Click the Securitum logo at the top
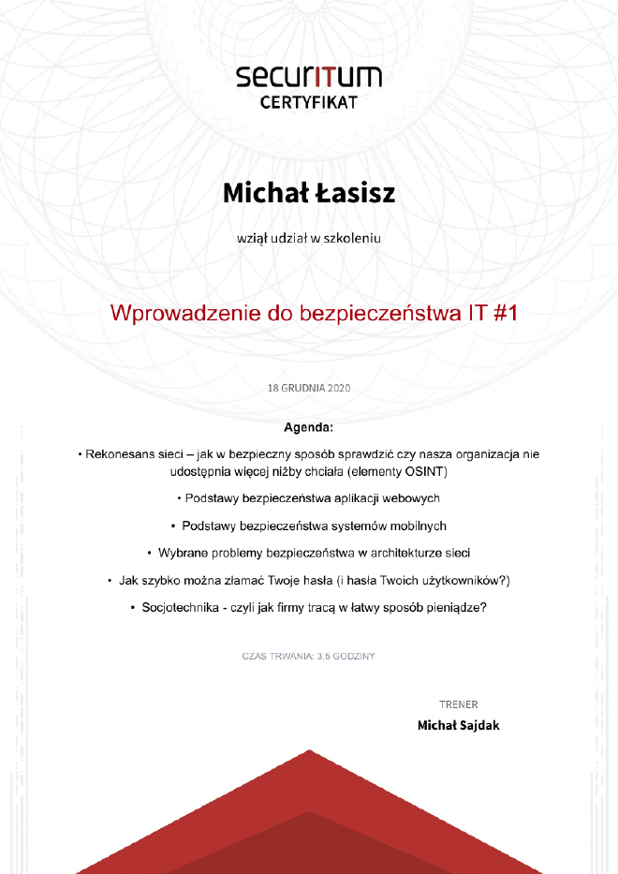click(x=309, y=75)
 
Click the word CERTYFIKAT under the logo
click(x=309, y=102)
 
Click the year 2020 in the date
click(x=338, y=387)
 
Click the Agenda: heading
click(x=309, y=428)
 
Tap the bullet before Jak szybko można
click(x=110, y=580)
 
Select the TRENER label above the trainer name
click(x=458, y=704)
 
